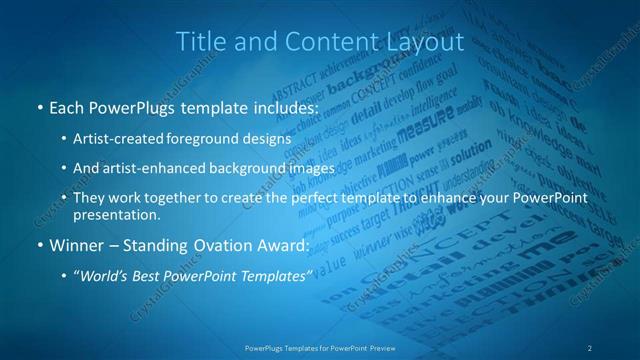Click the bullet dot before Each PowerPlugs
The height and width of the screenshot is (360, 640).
click(x=38, y=106)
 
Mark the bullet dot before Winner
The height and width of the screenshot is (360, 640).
click(x=38, y=244)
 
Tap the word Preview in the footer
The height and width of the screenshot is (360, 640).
click(x=379, y=347)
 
